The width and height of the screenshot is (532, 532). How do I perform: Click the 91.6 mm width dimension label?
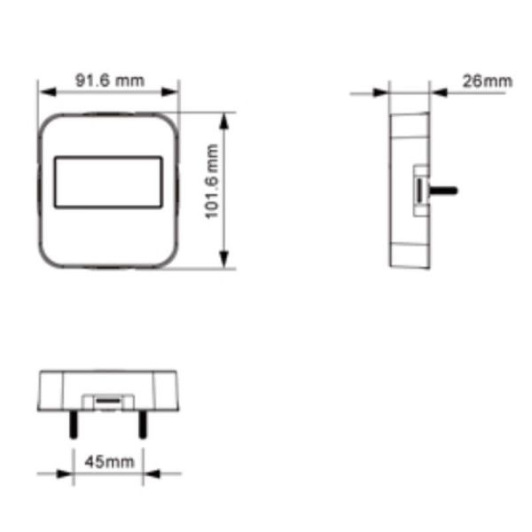point(109,79)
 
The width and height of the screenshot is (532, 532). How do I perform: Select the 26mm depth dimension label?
point(487,81)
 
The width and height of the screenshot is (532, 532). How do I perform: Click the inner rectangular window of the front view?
point(108,183)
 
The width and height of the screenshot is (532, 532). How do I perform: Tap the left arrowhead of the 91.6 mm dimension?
point(43,90)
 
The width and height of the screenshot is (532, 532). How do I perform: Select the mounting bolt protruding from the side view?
point(443,189)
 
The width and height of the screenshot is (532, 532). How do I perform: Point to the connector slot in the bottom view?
point(106,401)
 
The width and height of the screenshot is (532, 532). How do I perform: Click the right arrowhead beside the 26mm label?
point(436,91)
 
